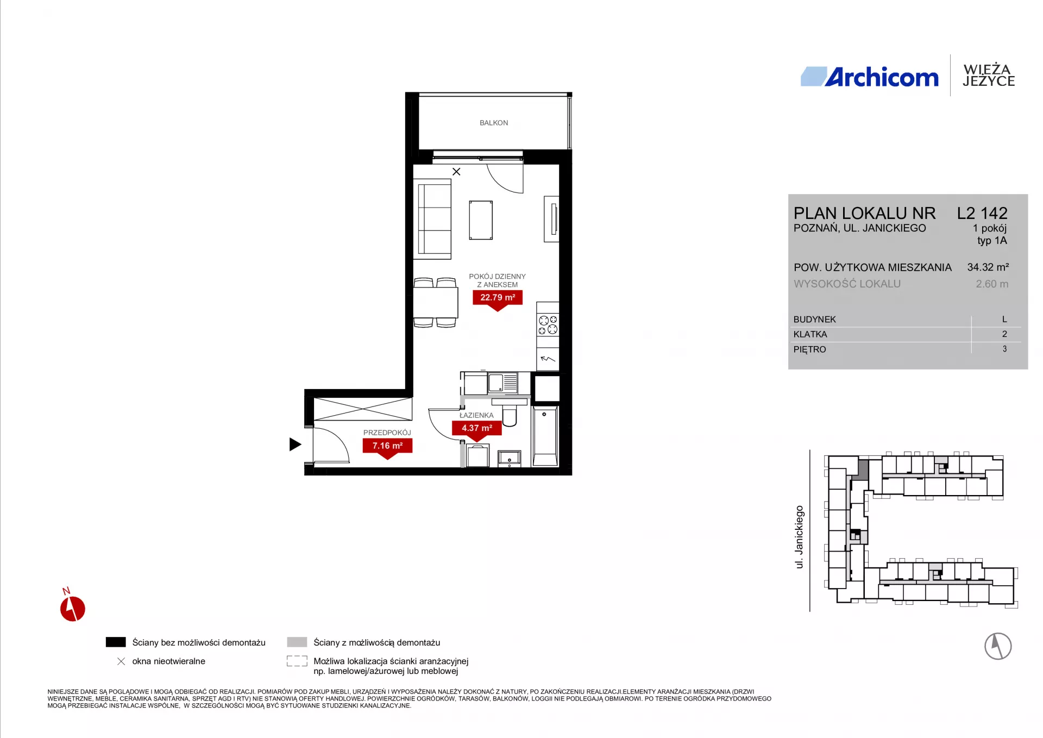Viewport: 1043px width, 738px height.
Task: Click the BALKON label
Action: coord(494,123)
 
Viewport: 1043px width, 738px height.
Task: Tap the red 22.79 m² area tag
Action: coord(498,298)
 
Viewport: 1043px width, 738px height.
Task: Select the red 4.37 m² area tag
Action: coord(477,429)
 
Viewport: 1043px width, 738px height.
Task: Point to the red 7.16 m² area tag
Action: coord(387,447)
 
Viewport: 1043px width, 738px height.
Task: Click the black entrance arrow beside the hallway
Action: coord(295,445)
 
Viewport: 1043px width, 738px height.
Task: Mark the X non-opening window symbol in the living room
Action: coord(456,172)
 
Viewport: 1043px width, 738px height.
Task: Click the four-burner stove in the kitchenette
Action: coord(548,324)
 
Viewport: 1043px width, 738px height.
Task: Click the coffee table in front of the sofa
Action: coord(481,220)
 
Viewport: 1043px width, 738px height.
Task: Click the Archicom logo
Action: coord(869,77)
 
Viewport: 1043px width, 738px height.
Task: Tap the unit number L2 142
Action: coord(982,213)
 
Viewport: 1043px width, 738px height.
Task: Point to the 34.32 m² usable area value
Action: coord(988,267)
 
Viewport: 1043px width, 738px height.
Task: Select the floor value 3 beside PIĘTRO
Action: coord(1004,349)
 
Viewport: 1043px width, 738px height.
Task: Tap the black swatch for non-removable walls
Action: coord(116,642)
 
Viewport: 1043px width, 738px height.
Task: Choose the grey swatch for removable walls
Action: coord(297,642)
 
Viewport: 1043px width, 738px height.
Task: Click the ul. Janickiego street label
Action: coord(799,537)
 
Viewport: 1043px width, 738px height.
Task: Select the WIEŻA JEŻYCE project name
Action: coord(988,76)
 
